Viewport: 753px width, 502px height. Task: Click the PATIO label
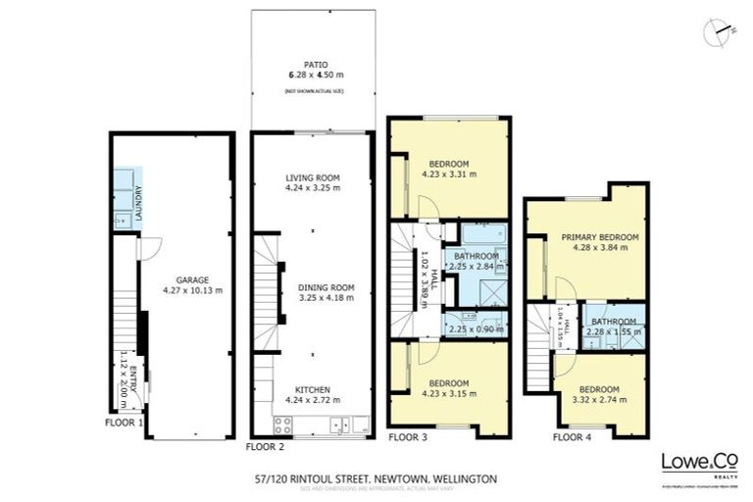tap(314, 62)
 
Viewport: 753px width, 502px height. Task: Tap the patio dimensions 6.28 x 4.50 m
tap(315, 74)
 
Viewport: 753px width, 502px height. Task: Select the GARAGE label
tap(192, 278)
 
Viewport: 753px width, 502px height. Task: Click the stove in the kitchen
tap(282, 426)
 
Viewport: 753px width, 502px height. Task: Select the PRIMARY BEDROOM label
tap(599, 237)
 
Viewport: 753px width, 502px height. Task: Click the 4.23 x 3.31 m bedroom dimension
tap(448, 175)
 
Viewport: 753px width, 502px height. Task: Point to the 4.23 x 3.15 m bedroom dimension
tap(448, 393)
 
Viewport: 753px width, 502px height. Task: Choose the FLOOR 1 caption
tap(125, 423)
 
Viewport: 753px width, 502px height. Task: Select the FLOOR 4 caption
tap(573, 436)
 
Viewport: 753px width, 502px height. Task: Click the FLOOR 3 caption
tap(409, 436)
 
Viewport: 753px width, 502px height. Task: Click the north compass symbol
tap(718, 31)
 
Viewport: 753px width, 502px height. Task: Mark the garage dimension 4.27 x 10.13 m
tap(192, 290)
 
